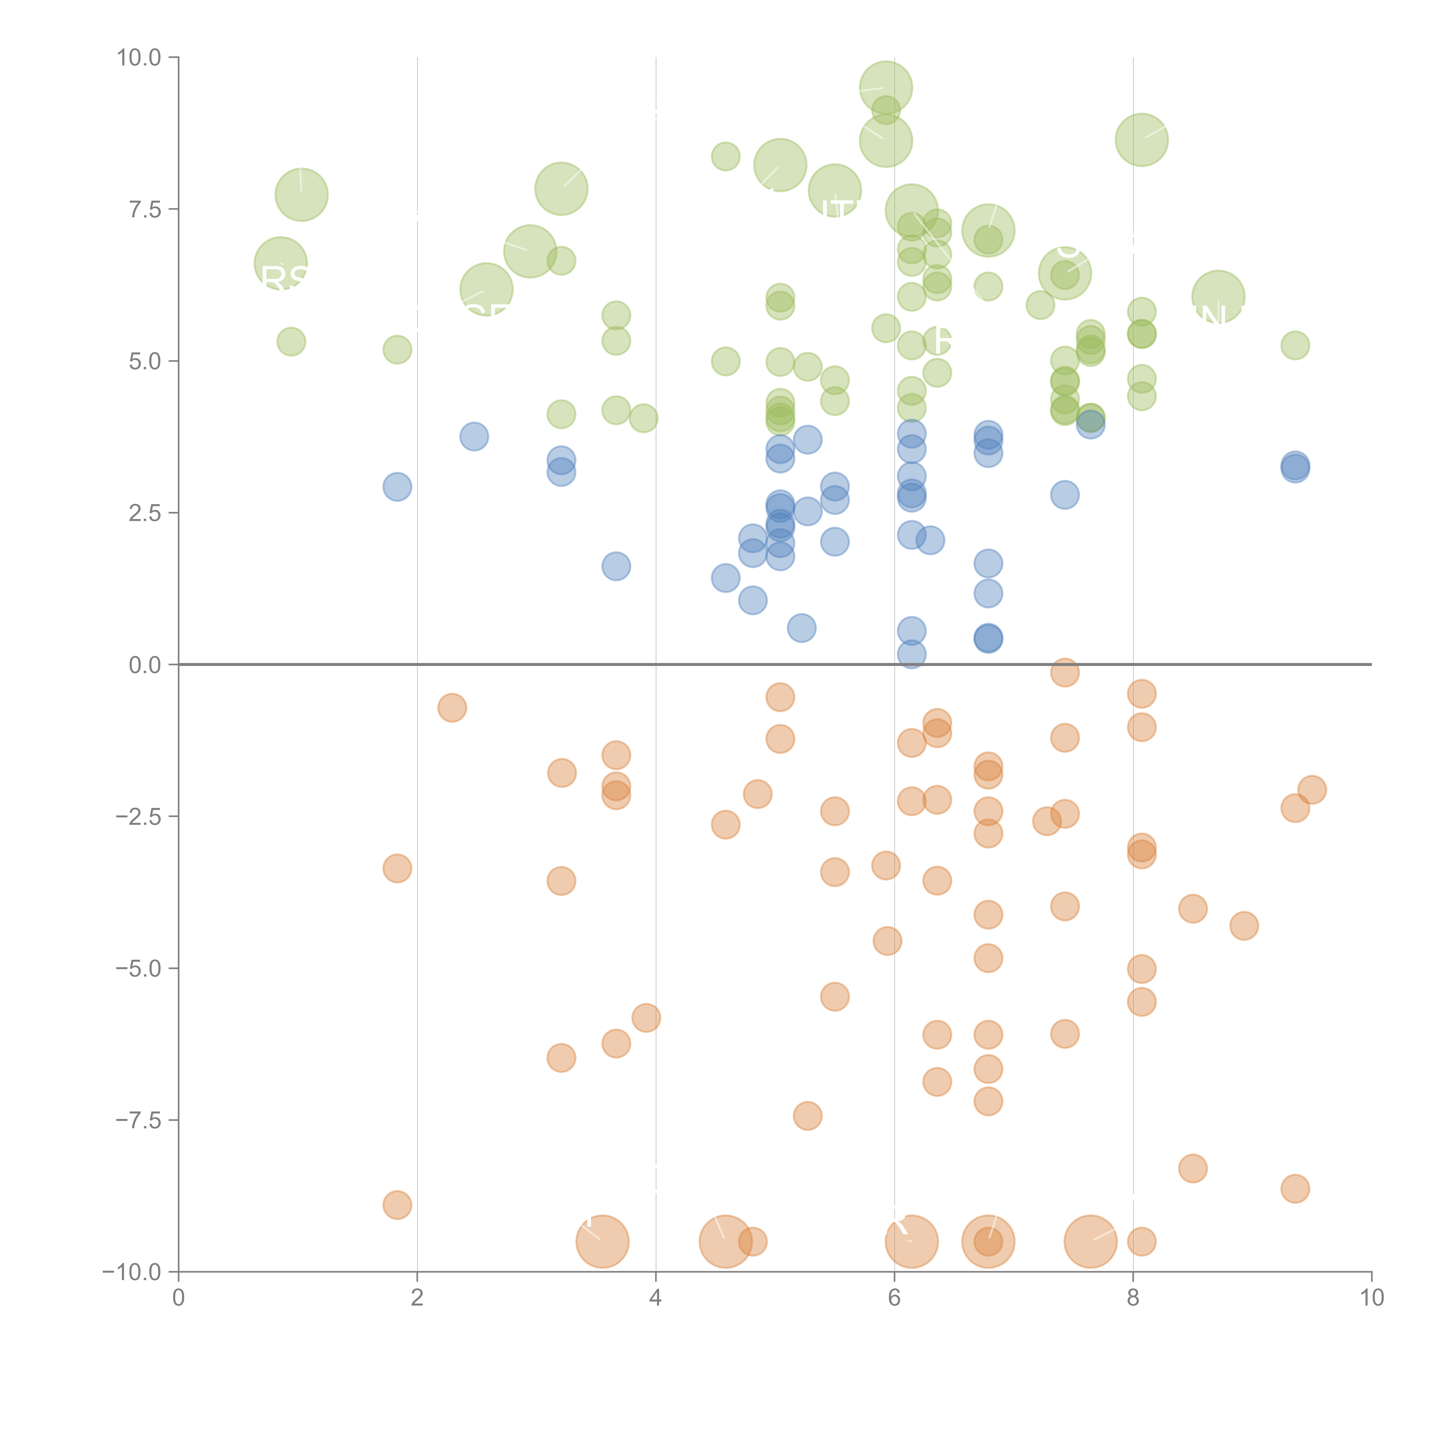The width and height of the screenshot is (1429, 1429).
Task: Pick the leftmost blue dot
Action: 397,487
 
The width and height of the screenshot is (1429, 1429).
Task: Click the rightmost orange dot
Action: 1312,790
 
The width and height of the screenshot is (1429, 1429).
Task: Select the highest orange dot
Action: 1064,672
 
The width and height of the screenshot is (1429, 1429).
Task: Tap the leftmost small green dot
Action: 292,342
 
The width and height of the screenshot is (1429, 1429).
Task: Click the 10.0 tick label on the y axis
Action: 139,58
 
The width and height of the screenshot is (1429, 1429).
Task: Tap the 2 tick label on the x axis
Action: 417,1297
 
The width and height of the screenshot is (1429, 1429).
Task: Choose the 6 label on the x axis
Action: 894,1297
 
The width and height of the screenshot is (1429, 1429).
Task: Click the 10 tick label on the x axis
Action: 1371,1297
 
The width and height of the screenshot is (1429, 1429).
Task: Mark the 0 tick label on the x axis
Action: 178,1297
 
